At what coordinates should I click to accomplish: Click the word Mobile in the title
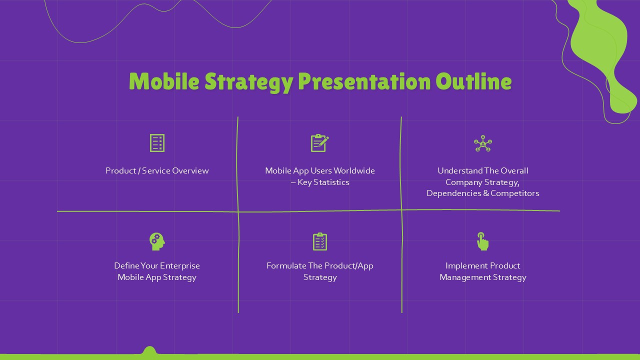click(164, 81)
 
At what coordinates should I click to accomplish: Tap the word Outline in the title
click(473, 81)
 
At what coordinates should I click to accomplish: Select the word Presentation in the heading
click(364, 81)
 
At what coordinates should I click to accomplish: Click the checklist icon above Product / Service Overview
click(157, 143)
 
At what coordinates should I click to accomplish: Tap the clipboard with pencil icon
click(319, 143)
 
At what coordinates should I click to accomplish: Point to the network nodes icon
click(483, 143)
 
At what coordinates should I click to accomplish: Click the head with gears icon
click(157, 241)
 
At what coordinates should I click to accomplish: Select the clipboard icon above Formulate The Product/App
click(320, 241)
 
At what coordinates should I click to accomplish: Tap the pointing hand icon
click(482, 241)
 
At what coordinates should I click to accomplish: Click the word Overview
click(190, 171)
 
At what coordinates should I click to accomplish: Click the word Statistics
click(331, 182)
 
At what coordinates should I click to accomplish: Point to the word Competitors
click(515, 193)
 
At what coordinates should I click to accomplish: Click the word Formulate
click(286, 266)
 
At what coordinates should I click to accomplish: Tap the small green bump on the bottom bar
click(149, 350)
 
